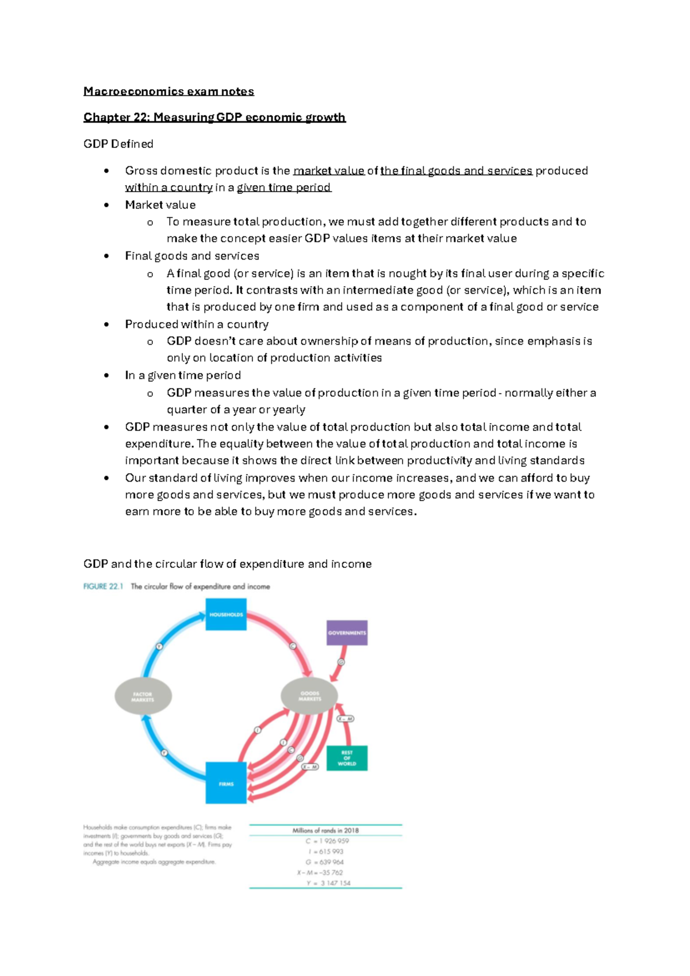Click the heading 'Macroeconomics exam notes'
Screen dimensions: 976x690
[168, 91]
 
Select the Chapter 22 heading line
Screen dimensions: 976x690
[214, 117]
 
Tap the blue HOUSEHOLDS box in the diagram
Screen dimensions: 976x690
[226, 614]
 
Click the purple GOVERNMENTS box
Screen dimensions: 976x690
[347, 632]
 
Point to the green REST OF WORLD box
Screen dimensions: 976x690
[347, 758]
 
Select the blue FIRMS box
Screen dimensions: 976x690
[226, 783]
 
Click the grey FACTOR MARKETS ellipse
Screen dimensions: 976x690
[143, 696]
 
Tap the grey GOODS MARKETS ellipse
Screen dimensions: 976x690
[309, 696]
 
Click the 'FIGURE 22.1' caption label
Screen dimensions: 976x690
[103, 586]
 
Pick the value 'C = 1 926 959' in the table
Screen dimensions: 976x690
[327, 841]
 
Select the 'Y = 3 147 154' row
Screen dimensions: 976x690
[328, 883]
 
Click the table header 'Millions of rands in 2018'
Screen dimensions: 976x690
[325, 830]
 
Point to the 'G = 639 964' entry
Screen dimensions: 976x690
[325, 862]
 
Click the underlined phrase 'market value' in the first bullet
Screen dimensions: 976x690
[328, 171]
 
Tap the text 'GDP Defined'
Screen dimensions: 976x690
[118, 144]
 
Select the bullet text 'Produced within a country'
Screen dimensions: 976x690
[197, 324]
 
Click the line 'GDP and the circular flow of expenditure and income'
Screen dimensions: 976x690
[227, 564]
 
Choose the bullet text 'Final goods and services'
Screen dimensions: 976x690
[192, 256]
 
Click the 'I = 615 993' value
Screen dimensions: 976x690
[326, 851]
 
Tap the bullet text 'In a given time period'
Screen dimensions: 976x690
[183, 375]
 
